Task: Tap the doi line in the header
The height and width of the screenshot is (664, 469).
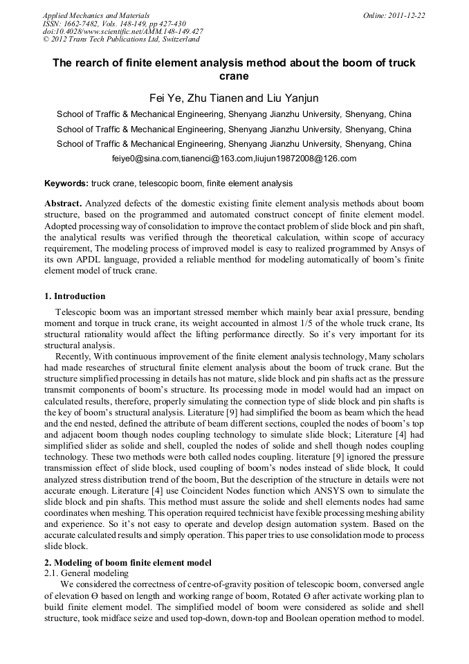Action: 122,31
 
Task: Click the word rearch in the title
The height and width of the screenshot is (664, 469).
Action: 93,63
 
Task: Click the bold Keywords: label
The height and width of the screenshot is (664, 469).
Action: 66,184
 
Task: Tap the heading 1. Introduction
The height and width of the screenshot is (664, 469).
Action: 75,296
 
